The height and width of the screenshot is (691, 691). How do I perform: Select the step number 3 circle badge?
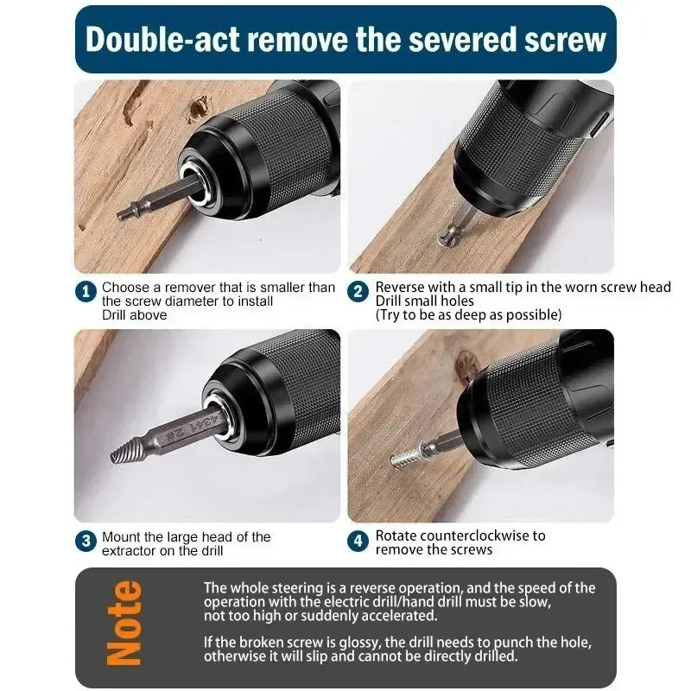point(86,542)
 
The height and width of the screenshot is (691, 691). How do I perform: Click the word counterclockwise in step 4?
point(472,536)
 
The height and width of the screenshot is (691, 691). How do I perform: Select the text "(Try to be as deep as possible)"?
point(468,314)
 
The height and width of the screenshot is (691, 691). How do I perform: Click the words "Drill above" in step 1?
point(135,314)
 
